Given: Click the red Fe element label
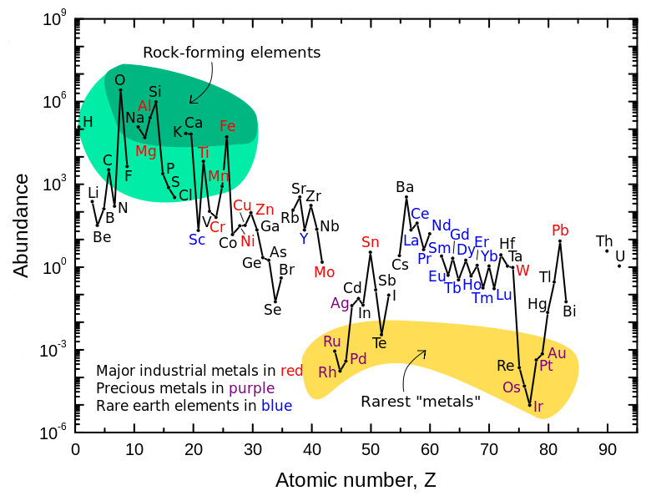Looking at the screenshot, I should tap(228, 126).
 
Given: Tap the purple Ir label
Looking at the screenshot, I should tap(538, 407).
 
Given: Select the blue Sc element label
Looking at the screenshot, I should tap(197, 239).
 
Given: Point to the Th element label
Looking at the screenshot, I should tap(604, 240).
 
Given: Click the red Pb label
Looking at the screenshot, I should tap(560, 230).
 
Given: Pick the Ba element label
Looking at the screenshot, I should tap(405, 186).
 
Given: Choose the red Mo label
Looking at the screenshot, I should tap(325, 271).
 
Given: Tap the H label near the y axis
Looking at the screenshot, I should tap(87, 122).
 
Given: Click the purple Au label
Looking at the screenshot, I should tap(557, 352).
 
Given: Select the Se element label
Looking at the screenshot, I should tap(273, 310).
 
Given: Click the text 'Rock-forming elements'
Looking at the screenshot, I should tap(232, 53).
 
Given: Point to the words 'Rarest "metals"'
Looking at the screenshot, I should tap(420, 402).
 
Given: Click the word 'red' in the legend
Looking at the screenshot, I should tap(292, 370).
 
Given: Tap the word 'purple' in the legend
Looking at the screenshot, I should tap(251, 388).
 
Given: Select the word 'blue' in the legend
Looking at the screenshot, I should tap(276, 407).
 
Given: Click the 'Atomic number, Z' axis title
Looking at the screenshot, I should tap(356, 480).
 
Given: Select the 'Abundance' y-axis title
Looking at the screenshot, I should tap(22, 225).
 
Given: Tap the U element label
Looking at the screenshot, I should tap(619, 256).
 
